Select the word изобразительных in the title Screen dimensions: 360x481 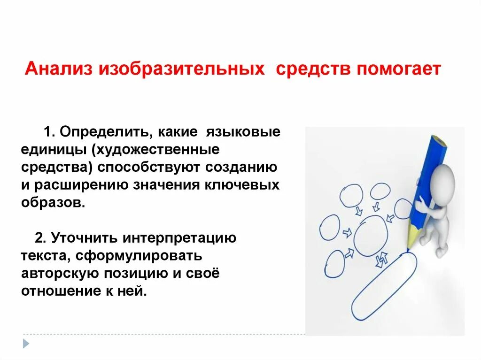click(180, 69)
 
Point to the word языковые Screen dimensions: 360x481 click(244, 132)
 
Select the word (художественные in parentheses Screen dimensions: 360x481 click(156, 150)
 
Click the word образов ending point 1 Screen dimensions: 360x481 click(52, 203)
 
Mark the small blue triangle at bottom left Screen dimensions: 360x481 click(26, 344)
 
